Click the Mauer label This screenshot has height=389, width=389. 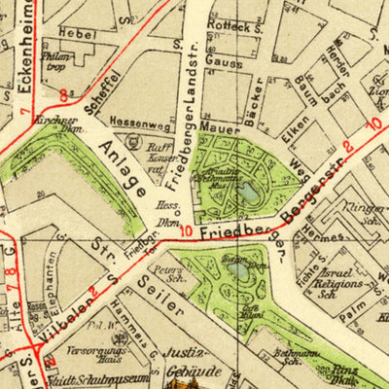click(214, 126)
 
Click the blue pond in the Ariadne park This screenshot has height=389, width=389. click(250, 192)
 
